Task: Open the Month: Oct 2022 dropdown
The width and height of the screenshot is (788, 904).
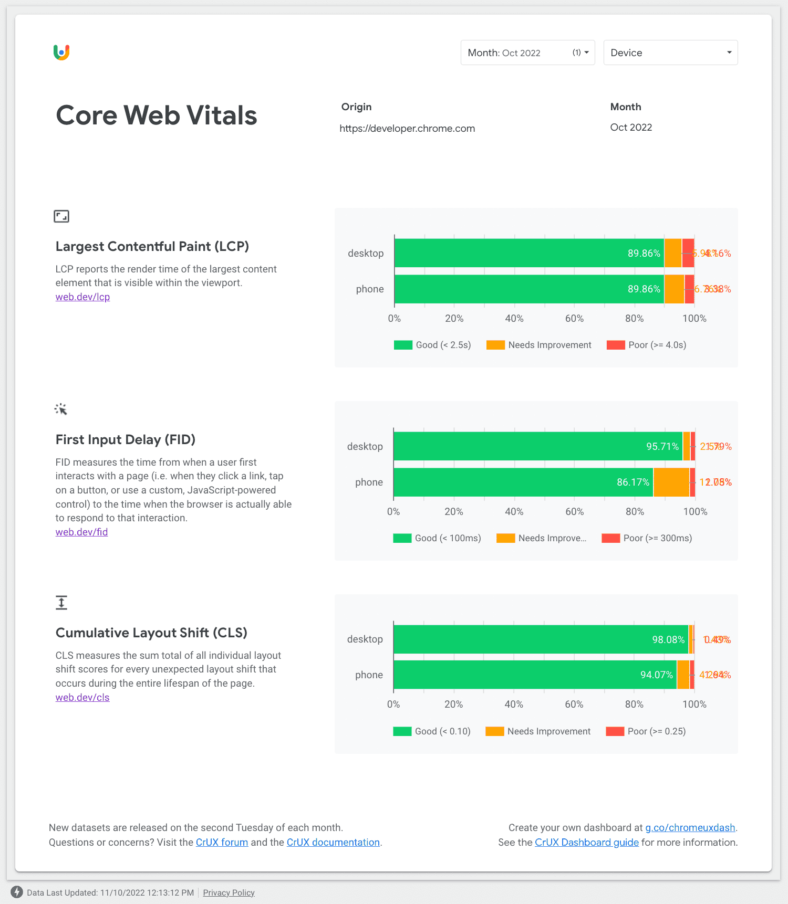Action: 527,52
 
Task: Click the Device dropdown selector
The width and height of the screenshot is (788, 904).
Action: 670,52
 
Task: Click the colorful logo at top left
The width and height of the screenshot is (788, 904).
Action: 61,52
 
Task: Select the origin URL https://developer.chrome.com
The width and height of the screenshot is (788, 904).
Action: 407,129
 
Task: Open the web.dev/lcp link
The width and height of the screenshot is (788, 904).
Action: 82,297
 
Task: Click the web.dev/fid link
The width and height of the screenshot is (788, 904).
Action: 81,532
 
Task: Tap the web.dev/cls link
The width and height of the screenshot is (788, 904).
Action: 82,698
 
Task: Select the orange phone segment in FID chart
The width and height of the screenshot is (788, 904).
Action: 671,482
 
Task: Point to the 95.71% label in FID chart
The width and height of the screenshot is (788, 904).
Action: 662,446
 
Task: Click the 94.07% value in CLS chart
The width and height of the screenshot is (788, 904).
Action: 656,675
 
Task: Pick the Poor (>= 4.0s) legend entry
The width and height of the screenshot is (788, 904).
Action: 647,345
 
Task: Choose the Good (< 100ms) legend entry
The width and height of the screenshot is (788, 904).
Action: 437,538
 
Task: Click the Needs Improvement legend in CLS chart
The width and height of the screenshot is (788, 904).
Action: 538,731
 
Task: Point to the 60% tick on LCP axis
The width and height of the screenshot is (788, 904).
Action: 574,319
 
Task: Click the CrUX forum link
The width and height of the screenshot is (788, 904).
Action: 222,843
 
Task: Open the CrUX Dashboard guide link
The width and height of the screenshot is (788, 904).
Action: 587,843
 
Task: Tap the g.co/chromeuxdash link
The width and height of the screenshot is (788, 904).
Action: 690,828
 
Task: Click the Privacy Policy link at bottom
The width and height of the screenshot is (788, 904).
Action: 229,892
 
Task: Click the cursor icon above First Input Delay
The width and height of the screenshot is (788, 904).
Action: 61,409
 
